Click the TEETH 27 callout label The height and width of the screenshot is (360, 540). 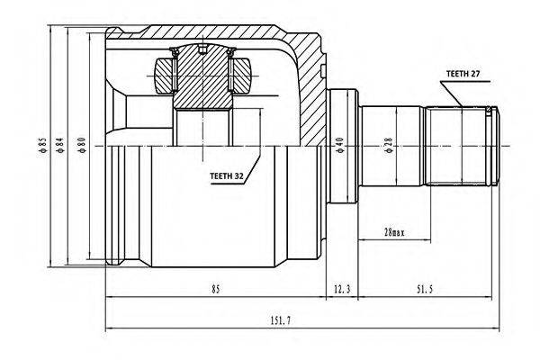click(x=463, y=74)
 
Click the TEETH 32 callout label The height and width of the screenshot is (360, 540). click(x=226, y=176)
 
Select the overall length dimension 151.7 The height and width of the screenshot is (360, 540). click(x=280, y=321)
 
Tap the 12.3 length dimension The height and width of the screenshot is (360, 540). click(x=342, y=289)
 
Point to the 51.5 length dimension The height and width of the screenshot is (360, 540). click(x=424, y=289)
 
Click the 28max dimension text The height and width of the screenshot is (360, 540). click(x=394, y=232)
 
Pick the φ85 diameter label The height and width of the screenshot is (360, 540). click(x=42, y=145)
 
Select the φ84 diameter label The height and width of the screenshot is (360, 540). click(x=60, y=145)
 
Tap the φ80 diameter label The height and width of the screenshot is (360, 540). click(x=81, y=145)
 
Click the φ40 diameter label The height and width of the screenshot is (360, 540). click(x=339, y=145)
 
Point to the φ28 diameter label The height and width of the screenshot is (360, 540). click(x=389, y=145)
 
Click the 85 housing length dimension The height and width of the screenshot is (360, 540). click(x=215, y=289)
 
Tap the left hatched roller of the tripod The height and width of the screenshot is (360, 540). click(x=164, y=76)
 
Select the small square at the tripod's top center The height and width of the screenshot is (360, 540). click(x=202, y=50)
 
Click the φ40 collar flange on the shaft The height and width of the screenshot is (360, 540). click(x=342, y=146)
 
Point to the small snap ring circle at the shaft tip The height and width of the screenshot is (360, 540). click(x=489, y=110)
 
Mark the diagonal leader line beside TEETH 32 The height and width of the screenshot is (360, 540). click(x=252, y=167)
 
